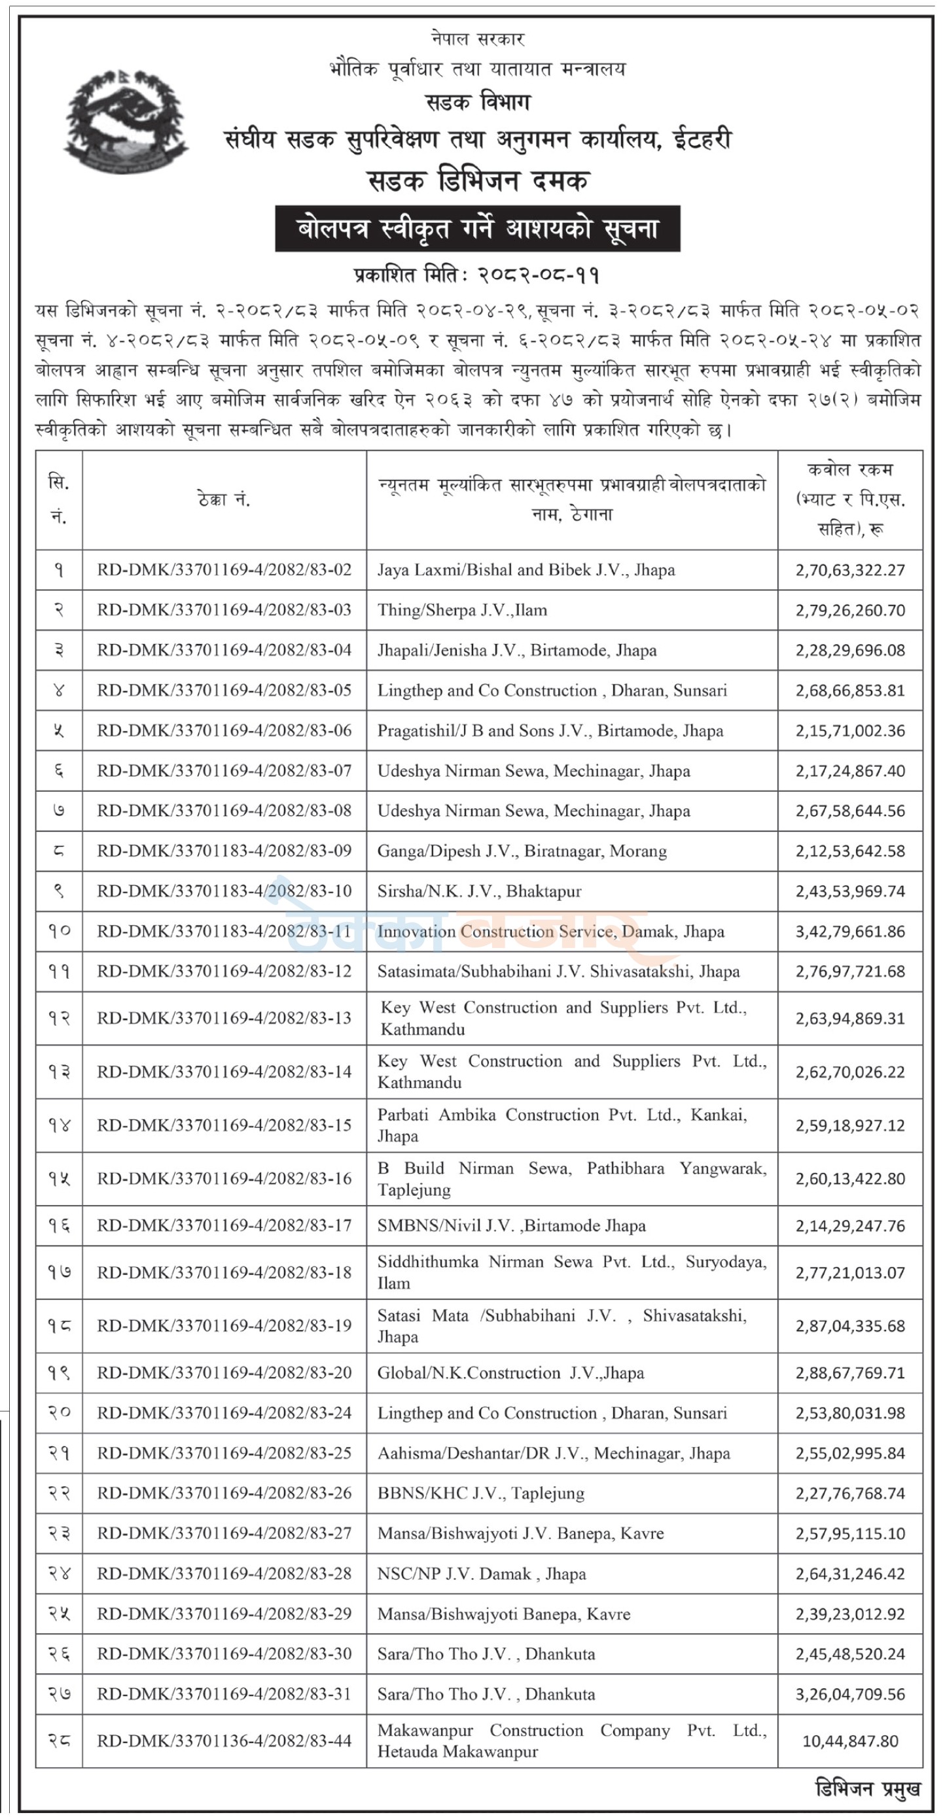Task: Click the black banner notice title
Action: pyautogui.click(x=477, y=229)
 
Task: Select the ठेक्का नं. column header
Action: pyautogui.click(x=224, y=500)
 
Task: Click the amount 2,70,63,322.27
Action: pyautogui.click(x=849, y=570)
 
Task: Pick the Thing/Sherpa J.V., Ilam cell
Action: pyautogui.click(x=462, y=610)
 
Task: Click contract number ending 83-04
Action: pyautogui.click(x=224, y=651)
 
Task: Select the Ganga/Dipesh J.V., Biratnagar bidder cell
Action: pyautogui.click(x=522, y=851)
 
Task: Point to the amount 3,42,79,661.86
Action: pyautogui.click(x=849, y=932)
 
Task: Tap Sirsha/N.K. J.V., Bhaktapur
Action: pyautogui.click(x=479, y=892)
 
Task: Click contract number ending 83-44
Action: pyautogui.click(x=224, y=1741)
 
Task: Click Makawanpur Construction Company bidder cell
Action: pyautogui.click(x=572, y=1741)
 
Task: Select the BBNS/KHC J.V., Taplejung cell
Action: pyautogui.click(x=480, y=1493)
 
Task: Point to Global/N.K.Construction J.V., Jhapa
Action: pyautogui.click(x=510, y=1372)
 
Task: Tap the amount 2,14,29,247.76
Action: pyautogui.click(x=849, y=1226)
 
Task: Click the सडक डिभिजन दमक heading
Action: pyautogui.click(x=477, y=181)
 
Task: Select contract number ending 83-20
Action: pyautogui.click(x=224, y=1372)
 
